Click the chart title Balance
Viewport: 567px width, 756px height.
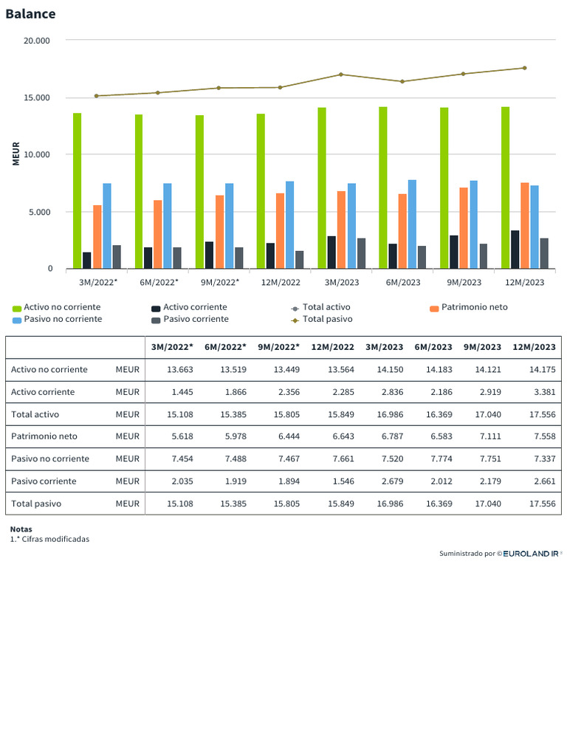[30, 14]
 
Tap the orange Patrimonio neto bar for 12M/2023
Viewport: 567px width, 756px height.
[524, 225]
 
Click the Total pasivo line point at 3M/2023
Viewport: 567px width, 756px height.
[341, 75]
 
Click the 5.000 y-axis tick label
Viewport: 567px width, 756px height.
[41, 212]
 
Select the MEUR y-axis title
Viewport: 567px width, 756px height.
[16, 154]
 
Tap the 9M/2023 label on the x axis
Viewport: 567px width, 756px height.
[463, 282]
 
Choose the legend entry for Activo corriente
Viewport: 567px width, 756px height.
[195, 307]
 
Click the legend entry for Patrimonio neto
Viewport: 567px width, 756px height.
[474, 307]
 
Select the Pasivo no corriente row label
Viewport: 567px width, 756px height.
[50, 458]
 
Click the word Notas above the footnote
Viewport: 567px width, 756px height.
[22, 529]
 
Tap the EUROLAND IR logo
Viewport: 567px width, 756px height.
[531, 553]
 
